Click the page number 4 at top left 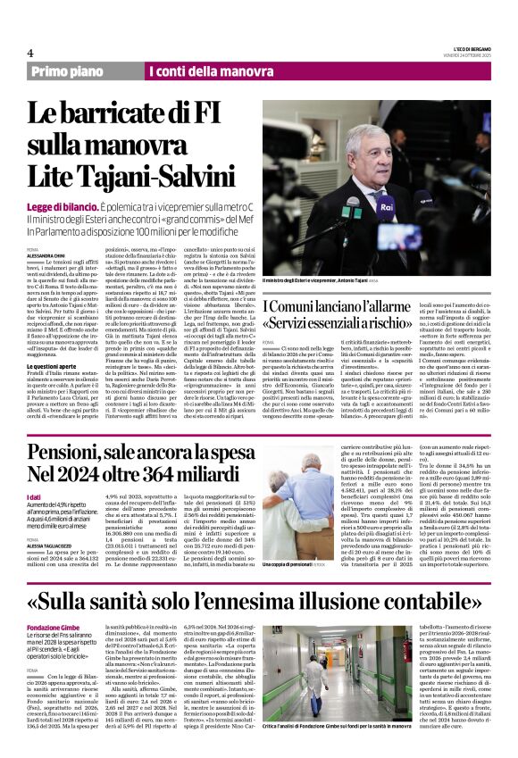(x=30, y=53)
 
